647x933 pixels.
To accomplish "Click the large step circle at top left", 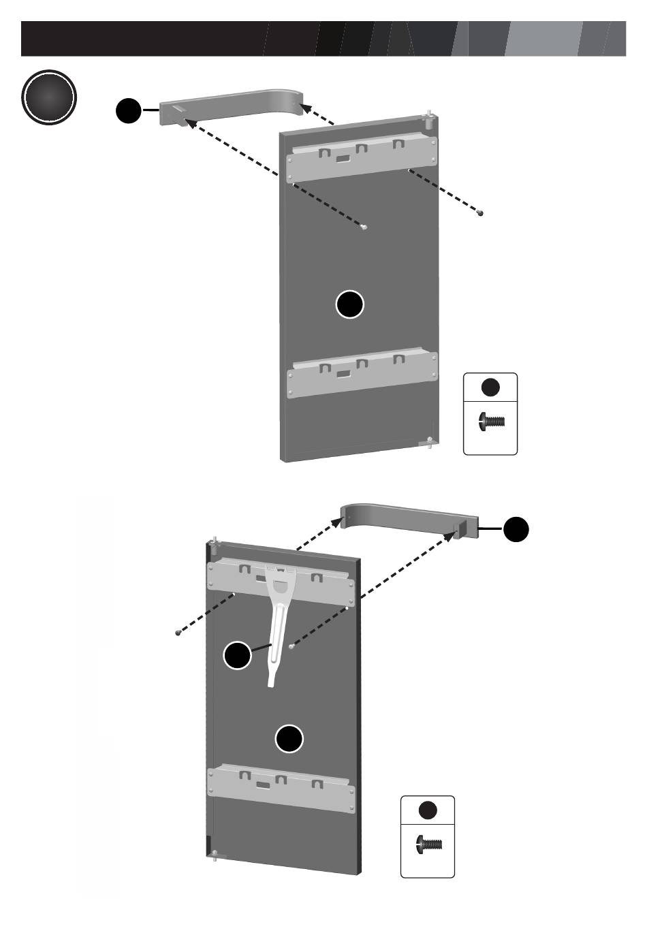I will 48,98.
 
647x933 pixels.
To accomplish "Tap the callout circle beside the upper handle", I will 128,111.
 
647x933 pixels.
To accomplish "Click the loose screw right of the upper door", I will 480,213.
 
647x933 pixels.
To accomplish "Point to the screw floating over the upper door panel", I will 365,227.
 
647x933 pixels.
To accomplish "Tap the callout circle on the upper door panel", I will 350,304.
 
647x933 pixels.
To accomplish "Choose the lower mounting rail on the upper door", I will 361,373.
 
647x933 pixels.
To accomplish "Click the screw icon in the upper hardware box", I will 492,422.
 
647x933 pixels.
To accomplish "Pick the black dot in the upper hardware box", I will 490,388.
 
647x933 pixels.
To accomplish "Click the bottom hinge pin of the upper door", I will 428,443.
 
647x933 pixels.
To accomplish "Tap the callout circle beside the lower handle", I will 516,529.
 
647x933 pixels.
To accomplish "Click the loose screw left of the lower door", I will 178,633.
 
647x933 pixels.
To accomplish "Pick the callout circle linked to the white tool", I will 238,655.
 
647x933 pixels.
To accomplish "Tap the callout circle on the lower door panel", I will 289,739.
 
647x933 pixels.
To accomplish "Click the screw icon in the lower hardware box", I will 428,844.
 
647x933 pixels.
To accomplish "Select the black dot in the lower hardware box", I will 428,810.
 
